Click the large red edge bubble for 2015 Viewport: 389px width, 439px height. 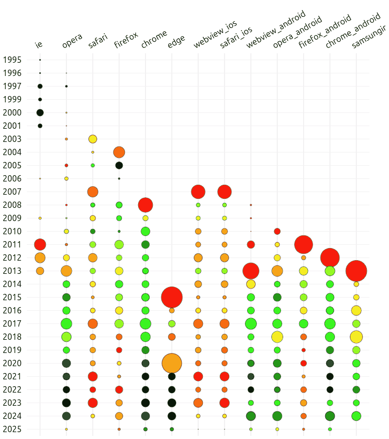[x=172, y=297]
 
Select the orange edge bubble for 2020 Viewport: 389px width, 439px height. [x=172, y=363]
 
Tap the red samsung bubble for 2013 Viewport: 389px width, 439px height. [x=356, y=271]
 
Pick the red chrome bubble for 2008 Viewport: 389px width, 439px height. [x=145, y=205]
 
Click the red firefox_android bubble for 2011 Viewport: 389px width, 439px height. [x=304, y=244]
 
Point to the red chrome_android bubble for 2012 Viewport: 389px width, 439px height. [x=330, y=257]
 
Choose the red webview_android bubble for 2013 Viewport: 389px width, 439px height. [x=251, y=271]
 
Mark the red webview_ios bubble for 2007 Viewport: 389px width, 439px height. [x=198, y=192]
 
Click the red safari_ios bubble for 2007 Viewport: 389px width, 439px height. [x=225, y=192]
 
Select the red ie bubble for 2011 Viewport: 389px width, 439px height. [x=40, y=244]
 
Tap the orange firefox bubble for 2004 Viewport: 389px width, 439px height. [x=119, y=152]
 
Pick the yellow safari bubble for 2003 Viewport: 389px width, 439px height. [x=93, y=139]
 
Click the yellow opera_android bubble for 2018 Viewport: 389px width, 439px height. [x=277, y=337]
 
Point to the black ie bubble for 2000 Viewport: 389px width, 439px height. [x=40, y=112]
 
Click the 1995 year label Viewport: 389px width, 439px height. [x=12, y=60]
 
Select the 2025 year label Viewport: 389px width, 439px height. [x=12, y=429]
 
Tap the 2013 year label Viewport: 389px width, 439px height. [x=12, y=271]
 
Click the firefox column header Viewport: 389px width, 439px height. [x=126, y=41]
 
